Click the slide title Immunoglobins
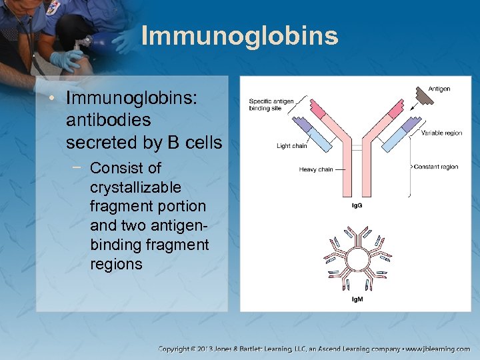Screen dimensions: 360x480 239,36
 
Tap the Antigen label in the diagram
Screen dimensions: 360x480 439,89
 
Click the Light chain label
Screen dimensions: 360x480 291,146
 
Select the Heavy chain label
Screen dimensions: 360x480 315,169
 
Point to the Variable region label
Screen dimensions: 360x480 441,133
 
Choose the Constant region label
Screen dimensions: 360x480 436,167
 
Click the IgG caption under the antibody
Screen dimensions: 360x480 357,205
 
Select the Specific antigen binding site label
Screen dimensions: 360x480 271,105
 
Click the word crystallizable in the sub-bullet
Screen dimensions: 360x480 135,187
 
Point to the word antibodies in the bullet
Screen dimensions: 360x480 108,121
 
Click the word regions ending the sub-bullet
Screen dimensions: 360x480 116,263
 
